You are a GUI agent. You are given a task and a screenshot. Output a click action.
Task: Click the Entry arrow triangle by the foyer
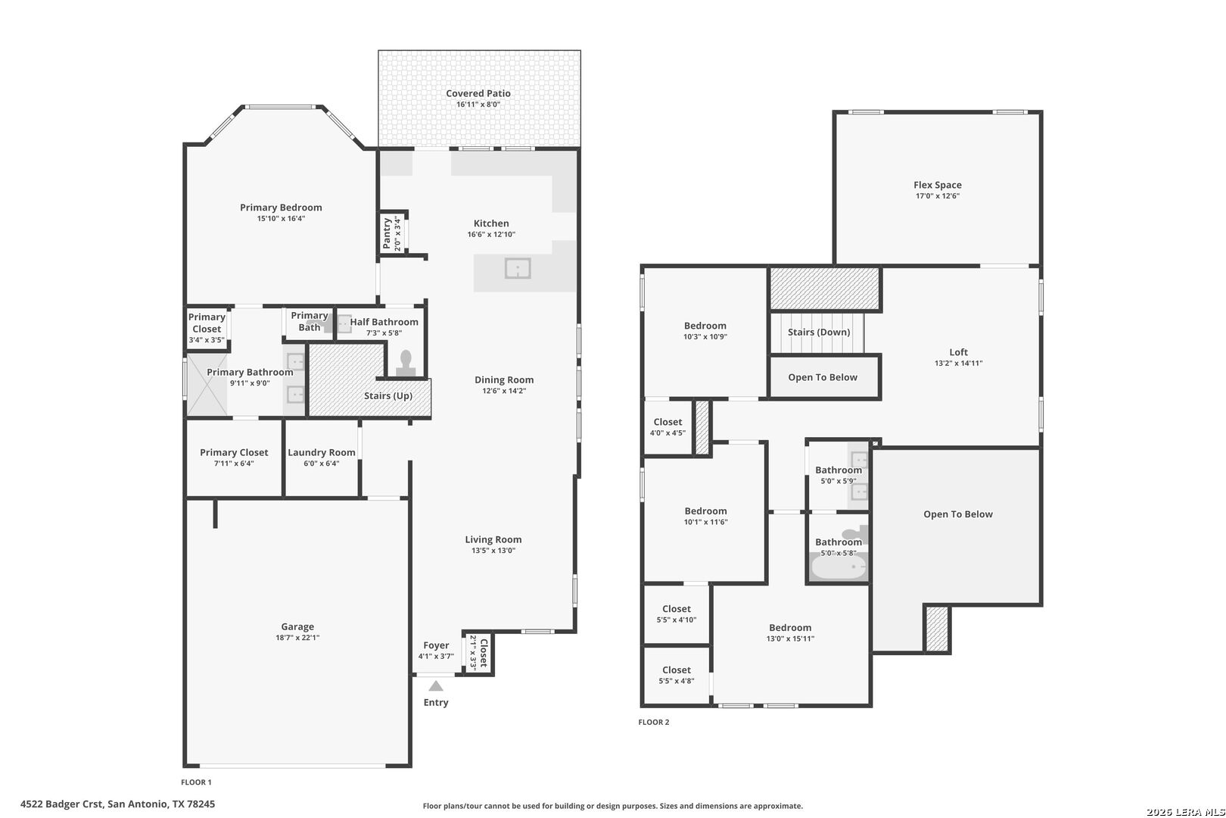tap(436, 685)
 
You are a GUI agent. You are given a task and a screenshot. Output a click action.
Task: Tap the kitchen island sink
tap(517, 268)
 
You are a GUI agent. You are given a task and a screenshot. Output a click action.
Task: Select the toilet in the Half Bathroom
tap(406, 364)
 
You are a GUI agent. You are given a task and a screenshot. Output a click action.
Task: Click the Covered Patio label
tap(478, 93)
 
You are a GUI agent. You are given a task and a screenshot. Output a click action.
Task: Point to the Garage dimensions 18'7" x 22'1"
tap(297, 637)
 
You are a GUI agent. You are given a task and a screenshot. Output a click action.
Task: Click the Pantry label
tap(387, 233)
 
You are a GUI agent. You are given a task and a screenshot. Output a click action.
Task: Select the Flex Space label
tap(938, 186)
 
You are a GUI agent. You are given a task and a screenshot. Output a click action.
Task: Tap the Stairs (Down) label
tap(819, 332)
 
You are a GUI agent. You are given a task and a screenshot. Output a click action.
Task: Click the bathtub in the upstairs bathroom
tap(838, 566)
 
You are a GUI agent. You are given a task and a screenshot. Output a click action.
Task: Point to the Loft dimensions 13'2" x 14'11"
tap(958, 363)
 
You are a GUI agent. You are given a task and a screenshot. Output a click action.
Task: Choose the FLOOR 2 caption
tap(654, 722)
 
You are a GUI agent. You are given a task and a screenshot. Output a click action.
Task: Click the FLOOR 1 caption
tap(196, 782)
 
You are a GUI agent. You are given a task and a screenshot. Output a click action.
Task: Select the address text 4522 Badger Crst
tap(61, 804)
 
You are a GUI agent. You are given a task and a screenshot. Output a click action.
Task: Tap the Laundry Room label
tap(322, 453)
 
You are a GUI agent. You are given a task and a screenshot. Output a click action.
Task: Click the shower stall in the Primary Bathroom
tap(207, 385)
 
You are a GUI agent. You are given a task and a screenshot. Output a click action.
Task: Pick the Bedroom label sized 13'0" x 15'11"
tap(790, 628)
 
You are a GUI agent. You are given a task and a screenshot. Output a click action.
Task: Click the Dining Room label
tap(504, 379)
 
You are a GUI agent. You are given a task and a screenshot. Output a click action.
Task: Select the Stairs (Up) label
tap(388, 395)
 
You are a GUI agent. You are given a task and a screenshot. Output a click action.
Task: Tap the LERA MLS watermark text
tap(1185, 812)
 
